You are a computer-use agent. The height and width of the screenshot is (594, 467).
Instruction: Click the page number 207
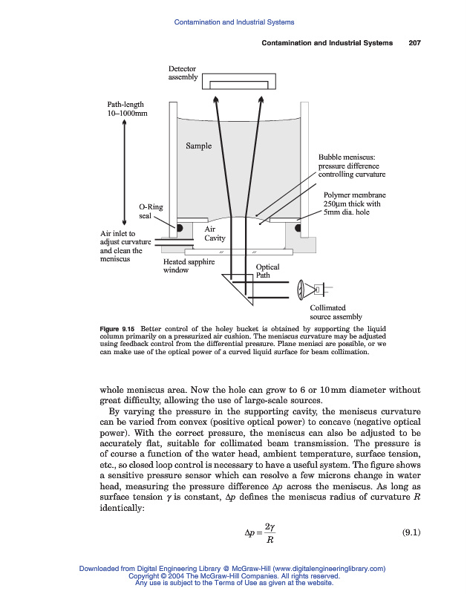(414, 43)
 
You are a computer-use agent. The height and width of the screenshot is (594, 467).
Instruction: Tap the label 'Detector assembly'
(183, 73)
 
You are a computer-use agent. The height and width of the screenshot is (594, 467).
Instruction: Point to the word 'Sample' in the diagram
(198, 146)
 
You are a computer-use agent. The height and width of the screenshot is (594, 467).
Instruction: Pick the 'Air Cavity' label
(215, 234)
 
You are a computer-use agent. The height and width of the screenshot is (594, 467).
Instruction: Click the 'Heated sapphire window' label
(189, 266)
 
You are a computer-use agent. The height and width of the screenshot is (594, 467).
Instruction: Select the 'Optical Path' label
(267, 271)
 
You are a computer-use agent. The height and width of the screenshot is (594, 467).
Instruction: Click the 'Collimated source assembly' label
(336, 312)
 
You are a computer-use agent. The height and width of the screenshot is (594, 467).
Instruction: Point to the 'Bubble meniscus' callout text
(352, 166)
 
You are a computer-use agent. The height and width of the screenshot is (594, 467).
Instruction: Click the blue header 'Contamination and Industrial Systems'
(234, 22)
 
